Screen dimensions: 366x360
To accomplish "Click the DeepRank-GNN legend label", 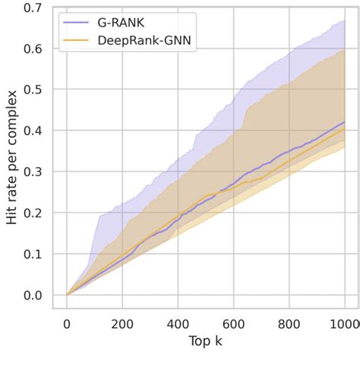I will pyautogui.click(x=144, y=43).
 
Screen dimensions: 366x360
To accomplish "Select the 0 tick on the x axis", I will pyautogui.click(x=67, y=324).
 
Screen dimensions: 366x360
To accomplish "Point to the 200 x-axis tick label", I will pyautogui.click(x=122, y=324).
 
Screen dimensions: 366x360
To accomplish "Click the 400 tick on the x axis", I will pyautogui.click(x=178, y=324).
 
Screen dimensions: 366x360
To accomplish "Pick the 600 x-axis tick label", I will pyautogui.click(x=233, y=324).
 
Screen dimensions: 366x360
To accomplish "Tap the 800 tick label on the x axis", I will pyautogui.click(x=289, y=324).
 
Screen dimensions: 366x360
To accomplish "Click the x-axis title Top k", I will pyautogui.click(x=205, y=342).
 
